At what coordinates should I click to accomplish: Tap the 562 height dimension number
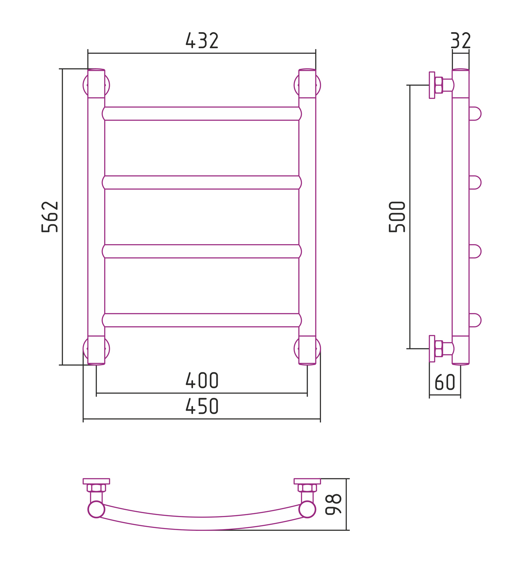point(50,217)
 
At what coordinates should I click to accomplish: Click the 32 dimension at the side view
point(461,40)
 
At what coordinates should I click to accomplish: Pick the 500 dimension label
point(397,217)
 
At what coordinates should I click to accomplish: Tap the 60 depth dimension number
point(445,382)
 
